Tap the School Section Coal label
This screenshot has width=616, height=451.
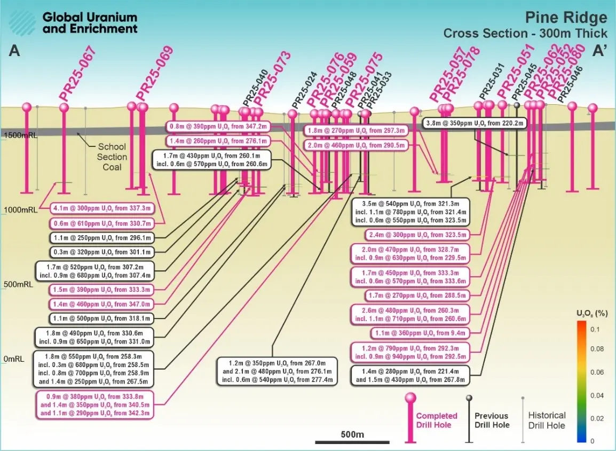112,157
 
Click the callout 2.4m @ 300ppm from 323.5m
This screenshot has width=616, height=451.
409,235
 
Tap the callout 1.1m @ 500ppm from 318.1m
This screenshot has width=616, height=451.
101,318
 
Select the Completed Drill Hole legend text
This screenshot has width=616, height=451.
437,420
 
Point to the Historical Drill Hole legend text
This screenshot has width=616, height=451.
546,420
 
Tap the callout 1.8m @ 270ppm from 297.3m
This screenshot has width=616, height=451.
356,130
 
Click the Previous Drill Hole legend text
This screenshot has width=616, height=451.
492,420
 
